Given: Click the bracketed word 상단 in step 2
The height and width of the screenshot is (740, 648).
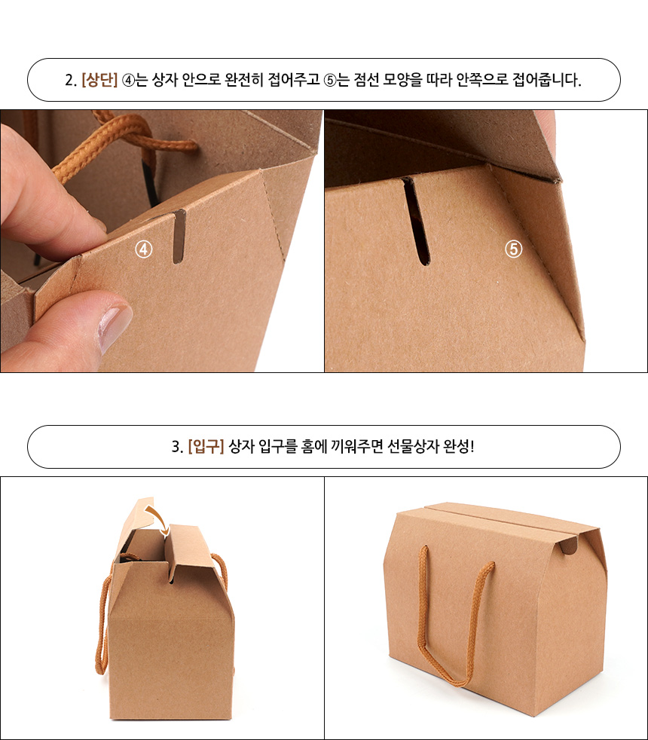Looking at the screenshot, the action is click(x=99, y=80).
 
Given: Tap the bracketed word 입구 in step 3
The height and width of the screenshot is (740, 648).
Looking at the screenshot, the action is click(x=206, y=446).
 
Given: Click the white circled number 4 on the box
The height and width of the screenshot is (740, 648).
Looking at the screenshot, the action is click(x=144, y=249).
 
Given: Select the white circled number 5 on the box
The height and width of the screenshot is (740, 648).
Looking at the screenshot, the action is click(x=513, y=248).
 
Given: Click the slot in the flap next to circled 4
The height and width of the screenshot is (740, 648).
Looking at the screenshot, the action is click(x=179, y=237).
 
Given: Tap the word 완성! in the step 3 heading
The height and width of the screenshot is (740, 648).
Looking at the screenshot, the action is click(x=458, y=446).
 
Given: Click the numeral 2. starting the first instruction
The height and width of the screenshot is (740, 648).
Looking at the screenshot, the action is click(x=71, y=80).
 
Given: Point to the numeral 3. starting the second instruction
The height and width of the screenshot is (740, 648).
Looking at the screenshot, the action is click(x=177, y=446).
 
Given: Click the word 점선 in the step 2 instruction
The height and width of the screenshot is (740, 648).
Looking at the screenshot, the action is click(x=366, y=80).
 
